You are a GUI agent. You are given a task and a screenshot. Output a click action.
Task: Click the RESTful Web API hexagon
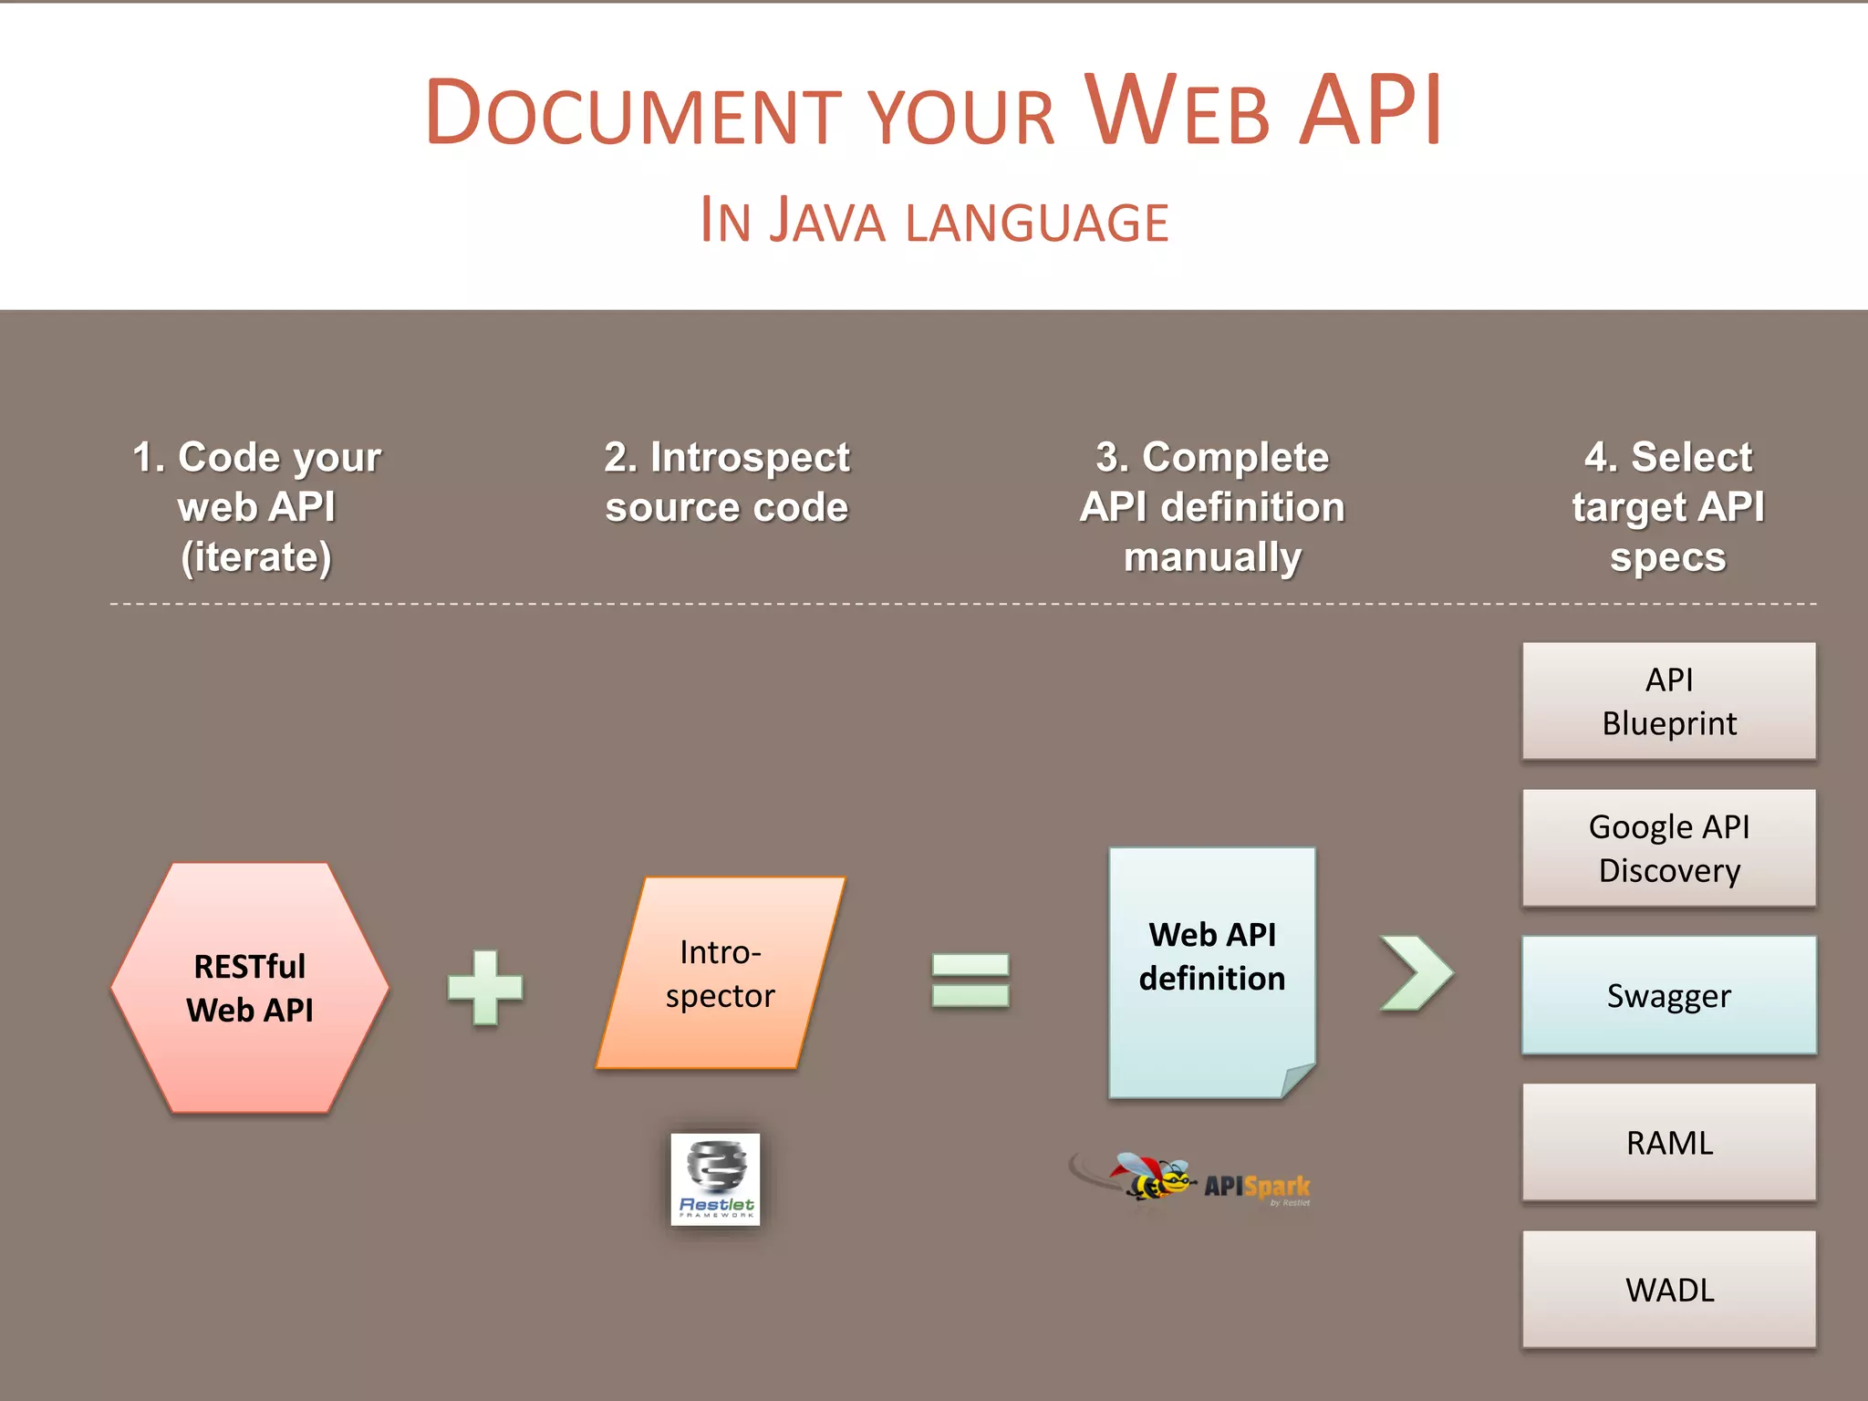tap(250, 988)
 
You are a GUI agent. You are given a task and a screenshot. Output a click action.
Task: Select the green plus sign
tap(485, 988)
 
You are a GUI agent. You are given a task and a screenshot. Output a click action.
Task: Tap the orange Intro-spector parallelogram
tap(721, 973)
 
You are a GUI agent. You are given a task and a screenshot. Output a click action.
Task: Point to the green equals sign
tap(970, 981)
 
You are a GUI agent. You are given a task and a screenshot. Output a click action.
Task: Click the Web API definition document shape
tap(1211, 971)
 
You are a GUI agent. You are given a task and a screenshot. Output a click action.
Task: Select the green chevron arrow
tap(1417, 973)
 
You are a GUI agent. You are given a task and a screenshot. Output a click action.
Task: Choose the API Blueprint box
tap(1668, 701)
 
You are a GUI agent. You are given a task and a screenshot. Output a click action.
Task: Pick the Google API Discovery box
tap(1668, 848)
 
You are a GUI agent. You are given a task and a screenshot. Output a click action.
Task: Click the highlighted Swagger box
tap(1668, 995)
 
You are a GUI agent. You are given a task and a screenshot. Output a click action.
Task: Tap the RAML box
tap(1668, 1142)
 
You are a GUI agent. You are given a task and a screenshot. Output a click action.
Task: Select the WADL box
tap(1668, 1289)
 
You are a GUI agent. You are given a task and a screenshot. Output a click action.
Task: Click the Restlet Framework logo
tap(715, 1178)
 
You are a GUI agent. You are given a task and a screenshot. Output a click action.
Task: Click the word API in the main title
tap(1370, 111)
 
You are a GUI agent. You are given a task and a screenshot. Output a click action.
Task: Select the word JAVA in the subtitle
tap(827, 221)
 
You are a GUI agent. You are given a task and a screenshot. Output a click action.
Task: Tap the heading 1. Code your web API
tap(256, 506)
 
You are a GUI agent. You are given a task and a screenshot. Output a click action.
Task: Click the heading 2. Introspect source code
tap(727, 482)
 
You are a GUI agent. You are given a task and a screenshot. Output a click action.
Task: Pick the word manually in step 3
tap(1212, 557)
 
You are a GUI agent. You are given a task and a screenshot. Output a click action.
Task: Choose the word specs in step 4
tap(1667, 557)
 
